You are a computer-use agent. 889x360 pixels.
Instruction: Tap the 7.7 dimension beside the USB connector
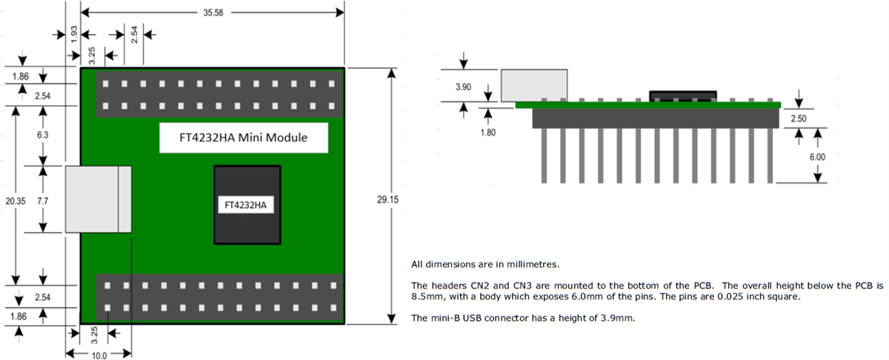click(x=43, y=201)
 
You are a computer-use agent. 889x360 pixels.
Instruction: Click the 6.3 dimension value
click(x=43, y=136)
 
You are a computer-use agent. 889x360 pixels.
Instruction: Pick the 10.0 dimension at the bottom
click(x=99, y=355)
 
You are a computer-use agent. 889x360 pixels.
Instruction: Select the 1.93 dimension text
click(x=73, y=33)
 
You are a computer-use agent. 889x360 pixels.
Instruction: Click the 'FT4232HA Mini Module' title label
click(x=244, y=138)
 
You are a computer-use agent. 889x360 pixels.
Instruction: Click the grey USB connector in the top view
click(x=99, y=199)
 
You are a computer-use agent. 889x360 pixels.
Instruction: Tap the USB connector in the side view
click(x=534, y=85)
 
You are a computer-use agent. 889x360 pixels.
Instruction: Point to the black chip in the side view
click(x=682, y=96)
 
